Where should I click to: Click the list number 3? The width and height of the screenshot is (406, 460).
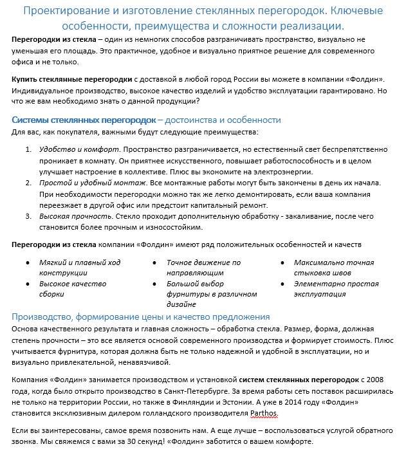pos(28,216)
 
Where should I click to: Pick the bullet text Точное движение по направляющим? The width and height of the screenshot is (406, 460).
pos(203,268)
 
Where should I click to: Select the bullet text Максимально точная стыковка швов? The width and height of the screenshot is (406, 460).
pos(333,268)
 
